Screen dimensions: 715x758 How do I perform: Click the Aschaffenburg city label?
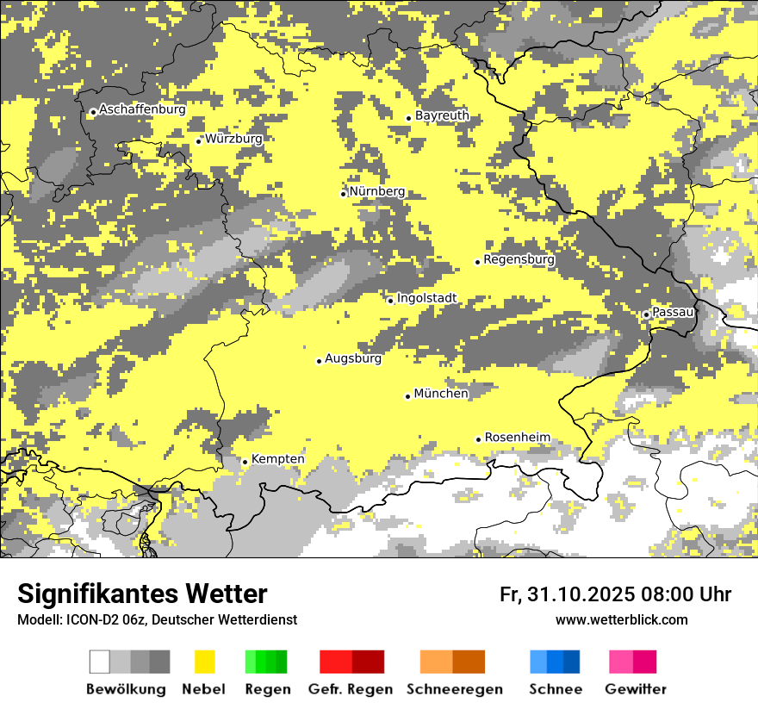pyautogui.click(x=142, y=110)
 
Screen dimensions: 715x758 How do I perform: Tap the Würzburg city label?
pyautogui.click(x=233, y=139)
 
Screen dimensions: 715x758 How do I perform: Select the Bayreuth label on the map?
pyautogui.click(x=442, y=115)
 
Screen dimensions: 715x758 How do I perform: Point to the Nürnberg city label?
pyautogui.click(x=376, y=191)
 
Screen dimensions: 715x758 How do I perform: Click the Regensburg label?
pyautogui.click(x=519, y=259)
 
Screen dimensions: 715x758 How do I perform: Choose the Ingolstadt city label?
pyautogui.click(x=426, y=299)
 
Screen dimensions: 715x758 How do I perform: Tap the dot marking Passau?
pyautogui.click(x=646, y=314)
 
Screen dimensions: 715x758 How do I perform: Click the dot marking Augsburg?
pyautogui.click(x=319, y=361)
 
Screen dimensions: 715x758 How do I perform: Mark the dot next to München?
pyautogui.click(x=407, y=396)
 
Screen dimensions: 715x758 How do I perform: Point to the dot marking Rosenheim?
pyautogui.click(x=478, y=439)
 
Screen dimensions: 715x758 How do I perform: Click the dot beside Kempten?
pyautogui.click(x=245, y=462)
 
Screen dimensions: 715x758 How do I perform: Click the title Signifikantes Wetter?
pyautogui.click(x=142, y=594)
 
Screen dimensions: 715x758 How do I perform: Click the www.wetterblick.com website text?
pyautogui.click(x=622, y=620)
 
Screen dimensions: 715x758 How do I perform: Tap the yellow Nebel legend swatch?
pyautogui.click(x=205, y=662)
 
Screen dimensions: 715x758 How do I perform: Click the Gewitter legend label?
pyautogui.click(x=636, y=689)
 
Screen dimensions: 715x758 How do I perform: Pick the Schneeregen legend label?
pyautogui.click(x=455, y=689)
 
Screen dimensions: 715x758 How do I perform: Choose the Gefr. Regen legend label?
pyautogui.click(x=351, y=689)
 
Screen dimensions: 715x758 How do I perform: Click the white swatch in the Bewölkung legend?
pyautogui.click(x=100, y=662)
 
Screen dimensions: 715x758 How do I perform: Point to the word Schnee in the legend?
pyautogui.click(x=556, y=689)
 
